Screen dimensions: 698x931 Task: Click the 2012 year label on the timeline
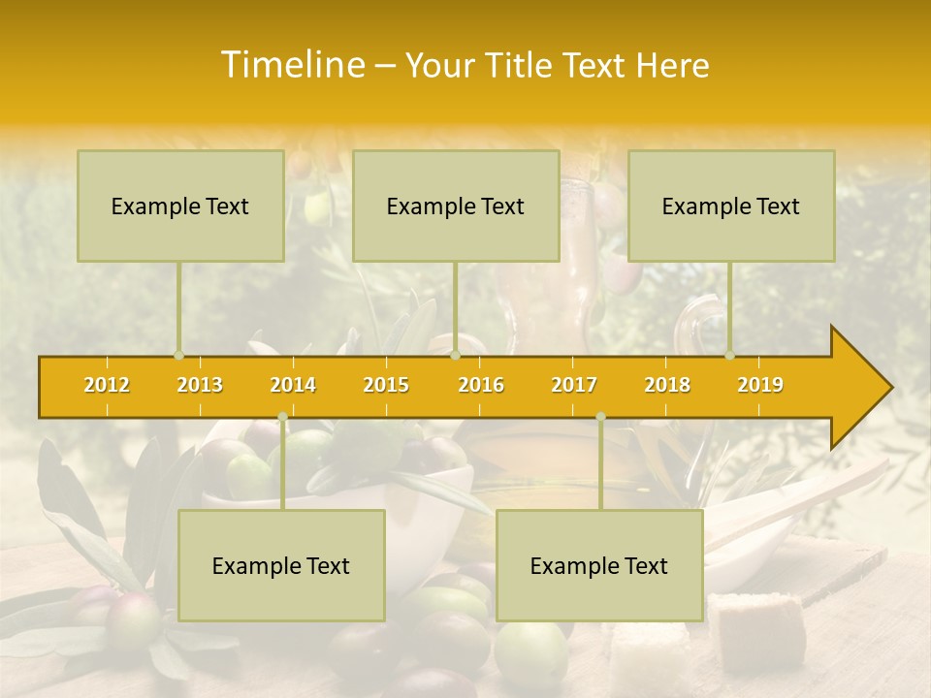tap(107, 385)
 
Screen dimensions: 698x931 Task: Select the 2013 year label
tap(200, 385)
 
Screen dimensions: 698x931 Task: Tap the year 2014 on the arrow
tap(293, 385)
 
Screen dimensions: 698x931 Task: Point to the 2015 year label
tap(386, 385)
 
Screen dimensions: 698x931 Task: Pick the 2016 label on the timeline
tap(481, 385)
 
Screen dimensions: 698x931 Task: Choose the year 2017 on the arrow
tap(574, 385)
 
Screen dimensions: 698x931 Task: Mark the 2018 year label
tap(667, 385)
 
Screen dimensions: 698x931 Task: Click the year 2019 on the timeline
tap(760, 385)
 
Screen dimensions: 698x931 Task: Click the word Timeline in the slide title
tap(291, 65)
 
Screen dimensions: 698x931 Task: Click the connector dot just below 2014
tap(282, 417)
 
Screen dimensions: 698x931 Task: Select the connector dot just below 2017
tap(600, 417)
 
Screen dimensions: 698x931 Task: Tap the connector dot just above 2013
tap(178, 356)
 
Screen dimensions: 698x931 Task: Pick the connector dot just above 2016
tap(455, 356)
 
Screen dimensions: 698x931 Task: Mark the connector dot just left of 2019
tap(730, 356)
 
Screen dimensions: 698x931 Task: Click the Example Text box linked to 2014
tap(281, 565)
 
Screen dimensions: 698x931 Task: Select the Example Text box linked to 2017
tap(599, 565)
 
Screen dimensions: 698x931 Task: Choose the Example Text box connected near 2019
tap(731, 206)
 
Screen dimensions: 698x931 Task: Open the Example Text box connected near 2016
tap(456, 206)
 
